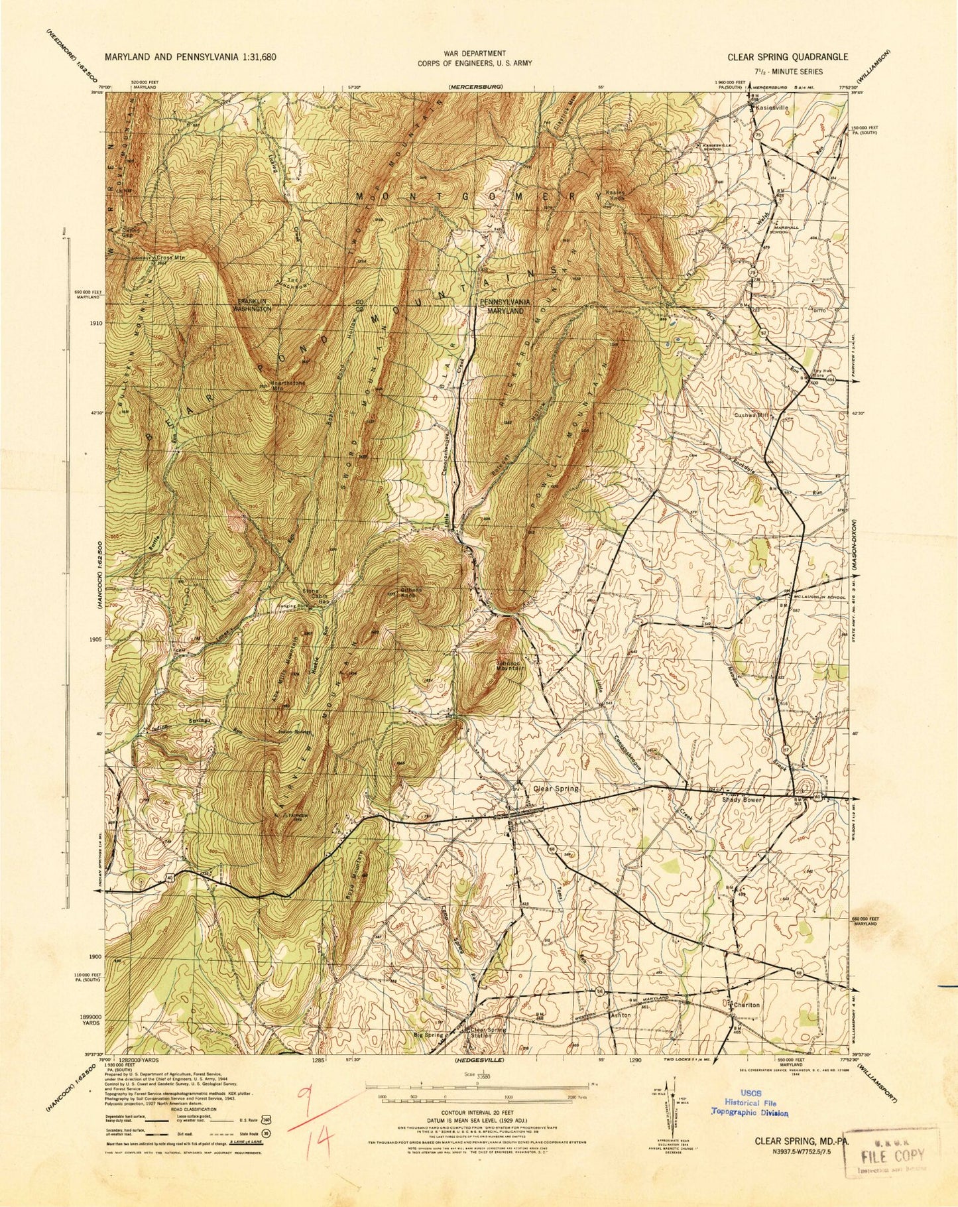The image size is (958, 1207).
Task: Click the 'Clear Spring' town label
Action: tap(556, 789)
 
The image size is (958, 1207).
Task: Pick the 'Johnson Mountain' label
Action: tap(509, 665)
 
